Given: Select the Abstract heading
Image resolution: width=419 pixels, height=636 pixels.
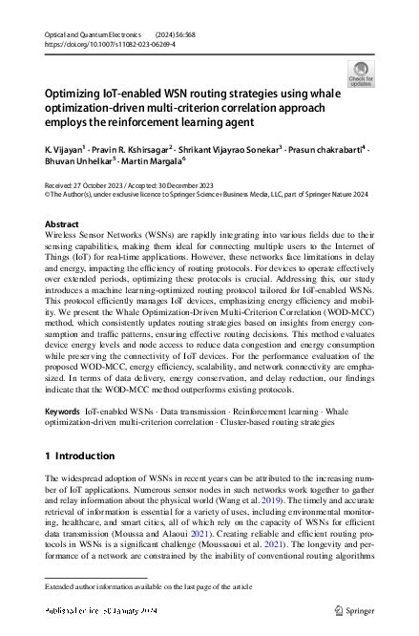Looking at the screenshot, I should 62,223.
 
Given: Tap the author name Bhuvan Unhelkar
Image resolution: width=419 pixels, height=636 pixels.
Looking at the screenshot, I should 77,163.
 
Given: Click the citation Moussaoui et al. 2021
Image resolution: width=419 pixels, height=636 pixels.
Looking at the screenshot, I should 311,544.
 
